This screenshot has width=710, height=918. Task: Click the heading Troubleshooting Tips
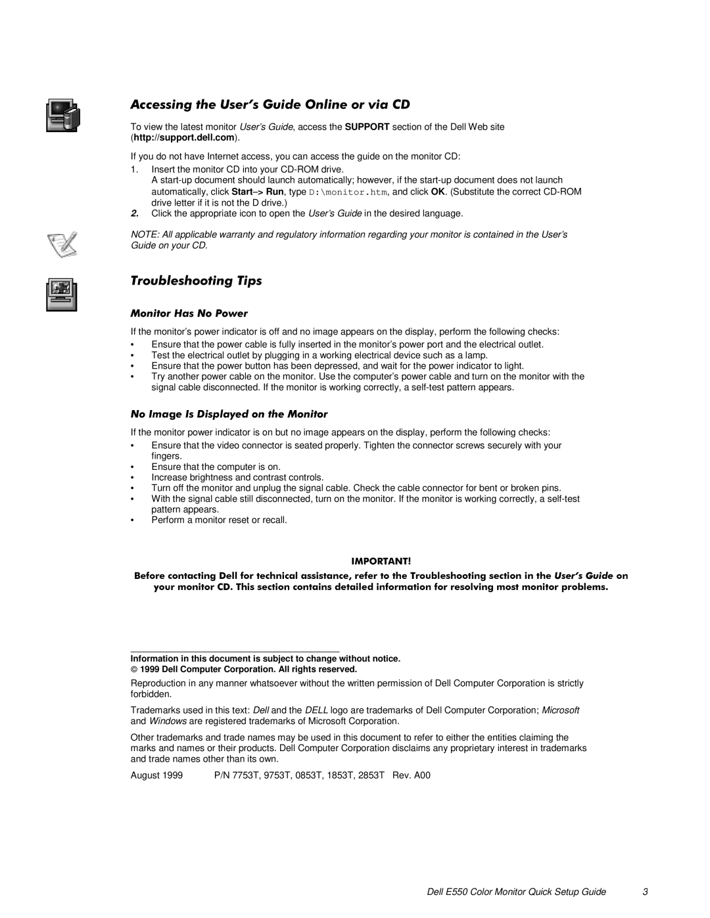(x=196, y=281)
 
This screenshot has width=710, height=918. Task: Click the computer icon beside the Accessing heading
(x=62, y=116)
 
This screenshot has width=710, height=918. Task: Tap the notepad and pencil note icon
(x=64, y=244)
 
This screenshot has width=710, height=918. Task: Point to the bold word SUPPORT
(x=367, y=127)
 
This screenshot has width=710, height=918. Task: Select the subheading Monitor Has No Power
(x=189, y=313)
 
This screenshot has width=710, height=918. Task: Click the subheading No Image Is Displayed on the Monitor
(x=229, y=414)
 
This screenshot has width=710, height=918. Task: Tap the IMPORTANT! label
(x=381, y=561)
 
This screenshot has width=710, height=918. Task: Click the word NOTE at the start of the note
(x=141, y=235)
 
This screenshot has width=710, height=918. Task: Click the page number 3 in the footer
(x=646, y=892)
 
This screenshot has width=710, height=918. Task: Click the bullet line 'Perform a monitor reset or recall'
(x=219, y=520)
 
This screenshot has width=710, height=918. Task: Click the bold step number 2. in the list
(x=135, y=214)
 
